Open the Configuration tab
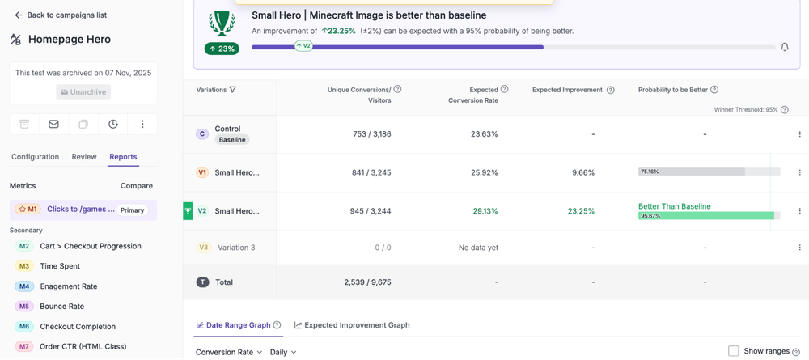coord(35,157)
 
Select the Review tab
coord(84,157)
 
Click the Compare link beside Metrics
coord(137,186)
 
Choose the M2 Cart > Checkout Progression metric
coord(90,246)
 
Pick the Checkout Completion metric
coord(78,327)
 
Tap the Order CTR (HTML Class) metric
coord(83,347)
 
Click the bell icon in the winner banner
coord(785,48)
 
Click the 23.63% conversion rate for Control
coord(485,134)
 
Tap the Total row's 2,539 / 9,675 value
coord(367,282)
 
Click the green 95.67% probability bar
coord(706,216)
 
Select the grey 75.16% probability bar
coord(692,172)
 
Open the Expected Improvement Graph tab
coord(352,325)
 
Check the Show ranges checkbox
coord(733,351)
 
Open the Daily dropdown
coord(282,353)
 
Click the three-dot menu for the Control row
coord(799,134)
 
